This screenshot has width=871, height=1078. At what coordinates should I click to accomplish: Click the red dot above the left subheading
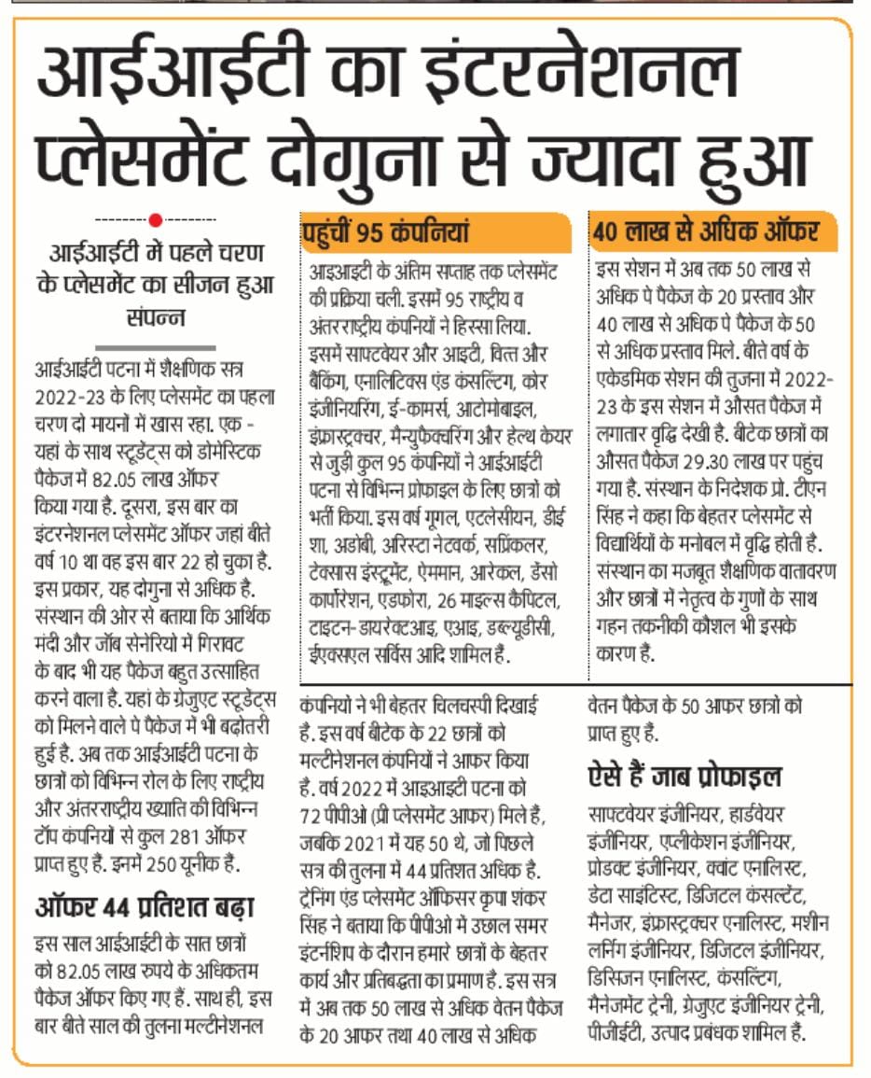coord(156,220)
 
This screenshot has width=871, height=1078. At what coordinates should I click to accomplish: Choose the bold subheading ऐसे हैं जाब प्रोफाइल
coord(684,776)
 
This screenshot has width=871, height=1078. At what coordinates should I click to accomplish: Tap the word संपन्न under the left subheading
coord(156,315)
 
